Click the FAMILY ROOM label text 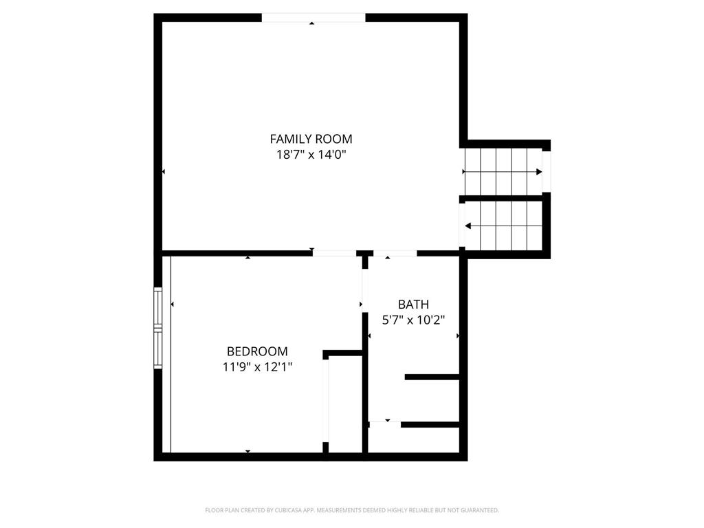311,138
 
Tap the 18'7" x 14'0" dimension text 311,155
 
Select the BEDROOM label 257,351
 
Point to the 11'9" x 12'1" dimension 257,367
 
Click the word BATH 413,304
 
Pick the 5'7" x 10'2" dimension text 413,320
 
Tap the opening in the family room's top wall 313,18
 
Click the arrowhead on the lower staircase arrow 468,225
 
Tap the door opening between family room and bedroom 334,253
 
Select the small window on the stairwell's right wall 547,171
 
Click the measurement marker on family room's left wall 164,171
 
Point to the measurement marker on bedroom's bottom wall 248,451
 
